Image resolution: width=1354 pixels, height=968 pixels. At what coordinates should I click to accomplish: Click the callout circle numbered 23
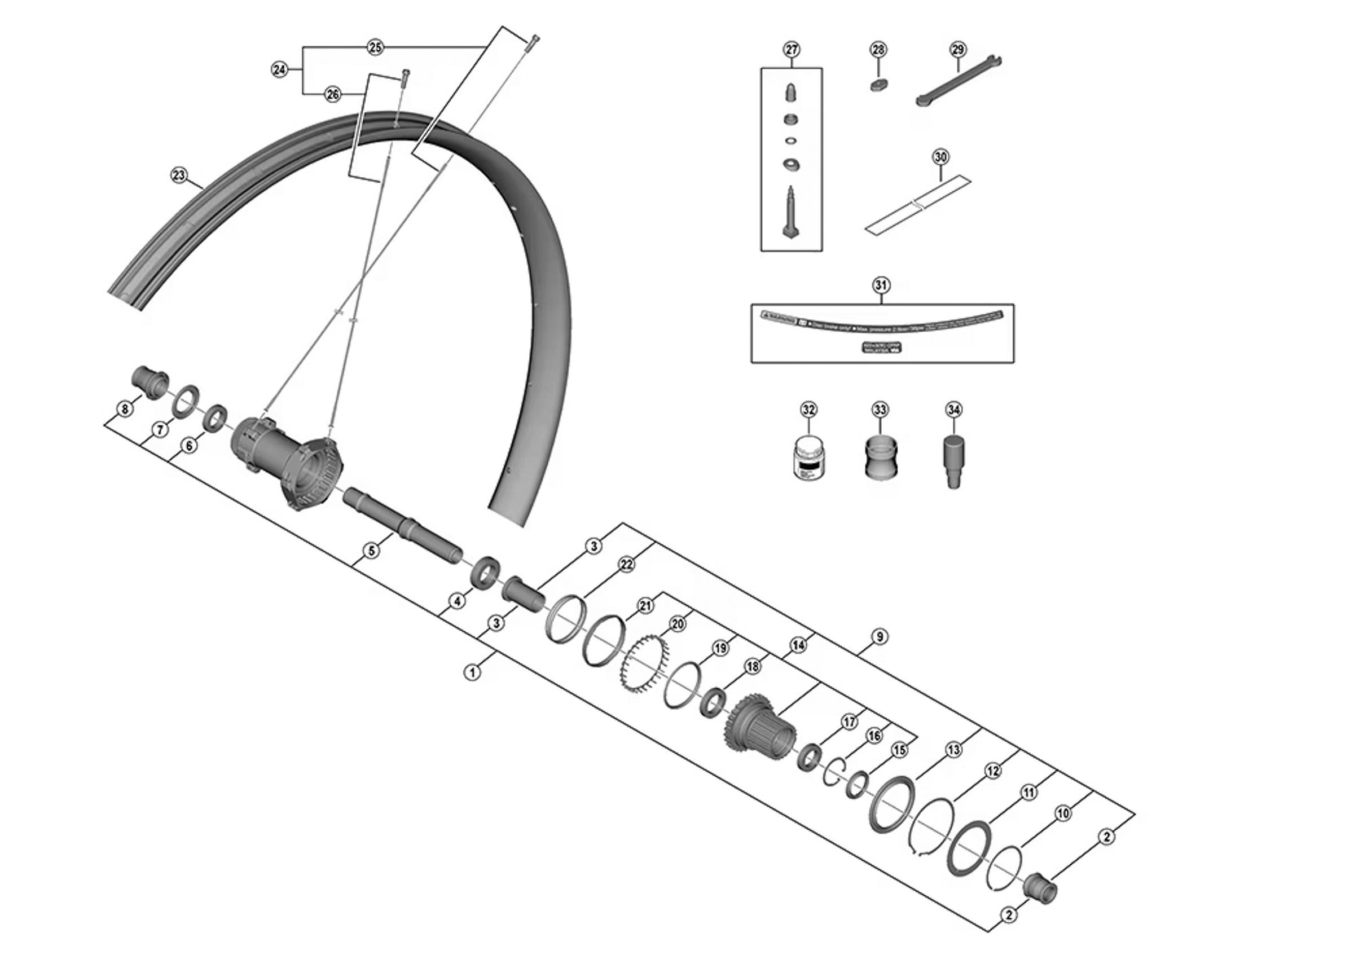(x=179, y=175)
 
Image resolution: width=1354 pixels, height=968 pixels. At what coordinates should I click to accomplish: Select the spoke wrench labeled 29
(x=958, y=81)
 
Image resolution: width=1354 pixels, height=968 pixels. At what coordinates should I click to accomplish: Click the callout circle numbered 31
(x=881, y=285)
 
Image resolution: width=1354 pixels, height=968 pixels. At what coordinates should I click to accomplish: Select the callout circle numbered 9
(x=879, y=637)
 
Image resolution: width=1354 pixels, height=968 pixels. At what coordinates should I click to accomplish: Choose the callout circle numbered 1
(x=472, y=673)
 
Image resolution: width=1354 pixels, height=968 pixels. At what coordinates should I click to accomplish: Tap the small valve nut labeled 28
(x=878, y=85)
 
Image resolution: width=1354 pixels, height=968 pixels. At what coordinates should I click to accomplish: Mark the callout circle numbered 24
(x=279, y=70)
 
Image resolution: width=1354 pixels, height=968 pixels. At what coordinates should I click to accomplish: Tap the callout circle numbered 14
(x=798, y=645)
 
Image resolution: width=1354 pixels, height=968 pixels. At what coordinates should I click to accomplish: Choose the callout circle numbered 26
(x=332, y=94)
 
